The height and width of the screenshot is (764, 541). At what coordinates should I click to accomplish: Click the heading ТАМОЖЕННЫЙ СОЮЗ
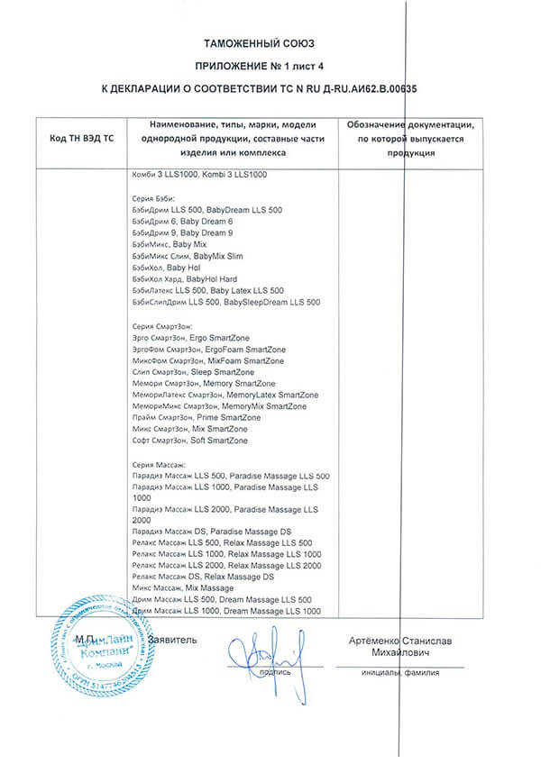(270, 42)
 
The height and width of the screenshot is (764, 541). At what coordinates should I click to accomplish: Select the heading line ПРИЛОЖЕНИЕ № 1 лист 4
(270, 66)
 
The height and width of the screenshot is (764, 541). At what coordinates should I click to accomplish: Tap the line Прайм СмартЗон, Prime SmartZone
(196, 418)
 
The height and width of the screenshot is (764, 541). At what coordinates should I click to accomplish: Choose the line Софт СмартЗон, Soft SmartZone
(192, 441)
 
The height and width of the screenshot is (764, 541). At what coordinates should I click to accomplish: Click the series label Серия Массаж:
(159, 465)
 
